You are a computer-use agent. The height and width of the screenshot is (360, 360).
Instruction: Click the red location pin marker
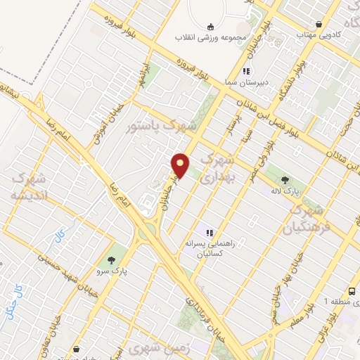(x=181, y=166)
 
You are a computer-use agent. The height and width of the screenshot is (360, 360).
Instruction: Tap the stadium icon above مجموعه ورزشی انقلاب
(x=212, y=27)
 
